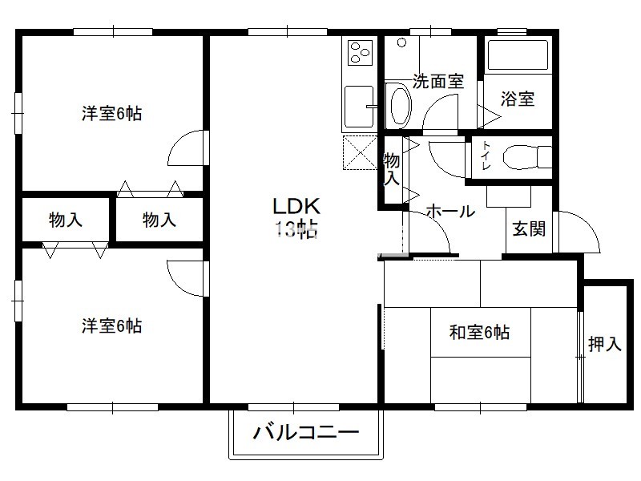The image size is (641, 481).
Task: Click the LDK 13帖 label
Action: (296, 217)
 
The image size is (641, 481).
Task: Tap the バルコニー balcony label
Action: (306, 432)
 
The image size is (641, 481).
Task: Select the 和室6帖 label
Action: (479, 332)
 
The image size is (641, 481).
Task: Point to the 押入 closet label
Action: (605, 344)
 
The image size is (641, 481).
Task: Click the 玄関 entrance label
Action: (529, 228)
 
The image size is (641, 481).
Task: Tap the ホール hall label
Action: (450, 211)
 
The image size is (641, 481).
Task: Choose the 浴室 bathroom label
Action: (518, 99)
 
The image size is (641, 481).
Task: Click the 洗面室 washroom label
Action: (437, 82)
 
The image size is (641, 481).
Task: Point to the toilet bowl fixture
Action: (527, 156)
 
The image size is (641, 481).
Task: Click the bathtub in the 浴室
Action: (518, 55)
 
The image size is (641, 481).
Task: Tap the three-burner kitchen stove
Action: (361, 52)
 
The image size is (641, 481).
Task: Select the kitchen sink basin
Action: (359, 107)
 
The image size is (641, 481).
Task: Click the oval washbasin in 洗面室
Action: (401, 106)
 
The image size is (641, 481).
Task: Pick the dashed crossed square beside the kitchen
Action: (360, 152)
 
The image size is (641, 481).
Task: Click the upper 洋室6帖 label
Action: (111, 113)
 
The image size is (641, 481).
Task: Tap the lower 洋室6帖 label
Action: (111, 326)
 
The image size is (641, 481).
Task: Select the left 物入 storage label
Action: (66, 220)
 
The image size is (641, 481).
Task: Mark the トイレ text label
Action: (486, 156)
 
